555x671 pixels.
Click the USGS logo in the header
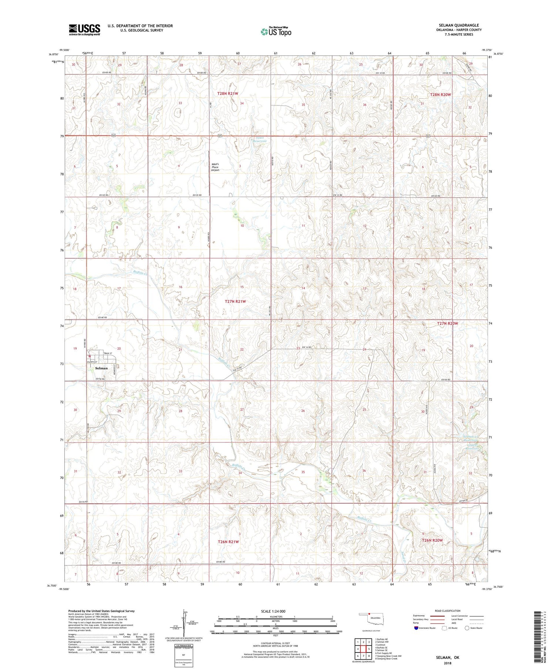point(84,30)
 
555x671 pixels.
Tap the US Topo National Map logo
point(276,31)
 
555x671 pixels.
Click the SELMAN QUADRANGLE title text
point(458,25)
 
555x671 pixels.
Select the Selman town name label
point(101,368)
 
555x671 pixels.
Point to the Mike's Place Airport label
point(215,167)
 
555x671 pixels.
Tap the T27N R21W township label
point(235,302)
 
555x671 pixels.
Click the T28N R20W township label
point(441,95)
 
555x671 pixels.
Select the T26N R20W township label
point(432,540)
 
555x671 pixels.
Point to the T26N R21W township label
point(228,542)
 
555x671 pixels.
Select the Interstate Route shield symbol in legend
point(416,628)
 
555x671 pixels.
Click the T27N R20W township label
point(448,323)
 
